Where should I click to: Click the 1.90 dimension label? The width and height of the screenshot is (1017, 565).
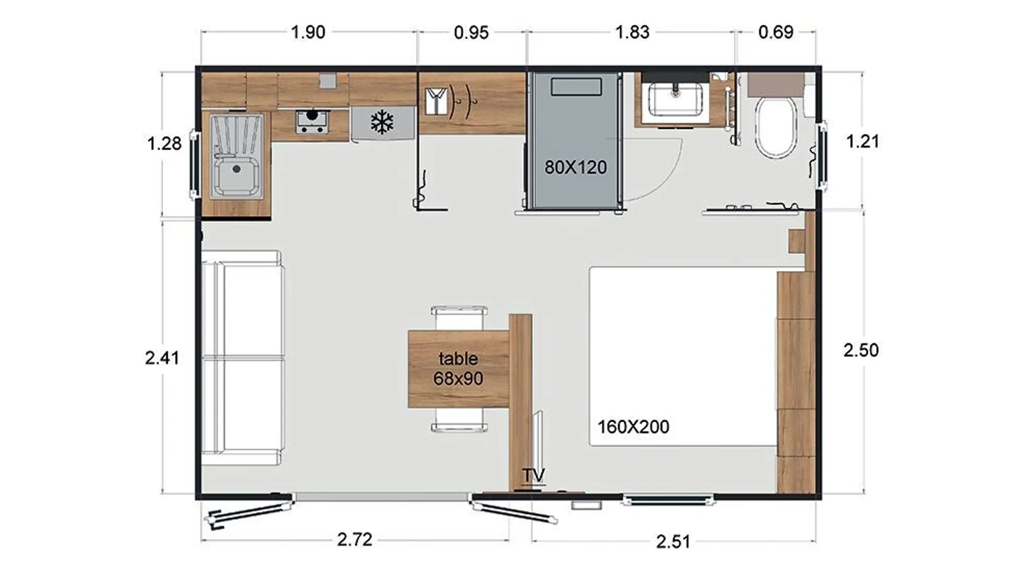click(308, 32)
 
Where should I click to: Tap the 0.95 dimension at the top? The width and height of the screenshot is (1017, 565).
click(471, 33)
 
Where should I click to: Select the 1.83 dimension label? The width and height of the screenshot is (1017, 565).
click(632, 32)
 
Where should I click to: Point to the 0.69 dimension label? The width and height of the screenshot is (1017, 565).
click(776, 32)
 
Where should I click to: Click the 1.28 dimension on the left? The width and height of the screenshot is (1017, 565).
click(164, 144)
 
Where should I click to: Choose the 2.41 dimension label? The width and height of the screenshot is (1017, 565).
click(162, 358)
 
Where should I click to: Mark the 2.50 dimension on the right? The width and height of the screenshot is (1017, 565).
click(861, 350)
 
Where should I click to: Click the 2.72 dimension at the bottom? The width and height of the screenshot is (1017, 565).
click(355, 540)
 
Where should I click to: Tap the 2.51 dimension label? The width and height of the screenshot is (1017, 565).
click(673, 542)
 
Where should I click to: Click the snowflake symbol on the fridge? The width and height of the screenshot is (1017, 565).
click(382, 123)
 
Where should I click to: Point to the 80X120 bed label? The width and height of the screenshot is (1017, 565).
click(576, 167)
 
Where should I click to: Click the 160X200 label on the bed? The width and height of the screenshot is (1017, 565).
click(633, 427)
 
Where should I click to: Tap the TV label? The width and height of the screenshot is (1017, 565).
click(534, 475)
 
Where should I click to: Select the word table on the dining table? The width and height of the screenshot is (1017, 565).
click(458, 359)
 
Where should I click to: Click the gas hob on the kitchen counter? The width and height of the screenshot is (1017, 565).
click(312, 121)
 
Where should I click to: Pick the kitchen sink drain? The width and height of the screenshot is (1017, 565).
click(237, 169)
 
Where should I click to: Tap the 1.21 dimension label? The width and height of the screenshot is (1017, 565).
click(863, 141)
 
